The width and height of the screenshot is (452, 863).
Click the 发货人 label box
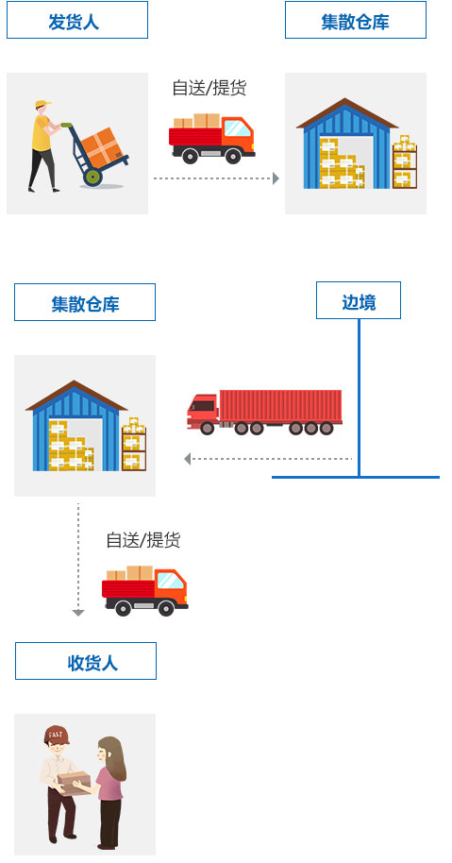tap(77, 20)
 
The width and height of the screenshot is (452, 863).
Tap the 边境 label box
tap(359, 300)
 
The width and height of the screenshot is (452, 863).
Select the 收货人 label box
tap(86, 661)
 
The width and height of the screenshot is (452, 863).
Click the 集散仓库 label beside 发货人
tap(355, 20)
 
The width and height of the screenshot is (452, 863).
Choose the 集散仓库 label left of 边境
tap(85, 302)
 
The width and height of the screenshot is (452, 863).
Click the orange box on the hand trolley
tap(101, 147)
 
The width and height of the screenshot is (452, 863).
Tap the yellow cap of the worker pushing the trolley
tap(42, 104)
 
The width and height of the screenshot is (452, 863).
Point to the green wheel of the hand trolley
tap(92, 178)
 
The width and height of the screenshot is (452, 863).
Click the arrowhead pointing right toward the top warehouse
tap(276, 178)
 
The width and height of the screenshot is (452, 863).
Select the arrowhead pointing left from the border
tap(188, 459)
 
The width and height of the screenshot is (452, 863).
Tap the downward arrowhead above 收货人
tap(78, 613)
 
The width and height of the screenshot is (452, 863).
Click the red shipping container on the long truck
tap(280, 407)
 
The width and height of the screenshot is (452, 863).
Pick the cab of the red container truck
tap(202, 411)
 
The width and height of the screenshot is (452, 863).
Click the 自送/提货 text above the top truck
tap(209, 88)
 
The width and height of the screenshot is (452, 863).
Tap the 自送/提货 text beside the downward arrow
tap(143, 540)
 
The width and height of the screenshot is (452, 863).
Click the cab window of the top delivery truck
tap(238, 128)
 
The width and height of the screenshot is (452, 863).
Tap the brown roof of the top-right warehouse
tap(347, 112)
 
